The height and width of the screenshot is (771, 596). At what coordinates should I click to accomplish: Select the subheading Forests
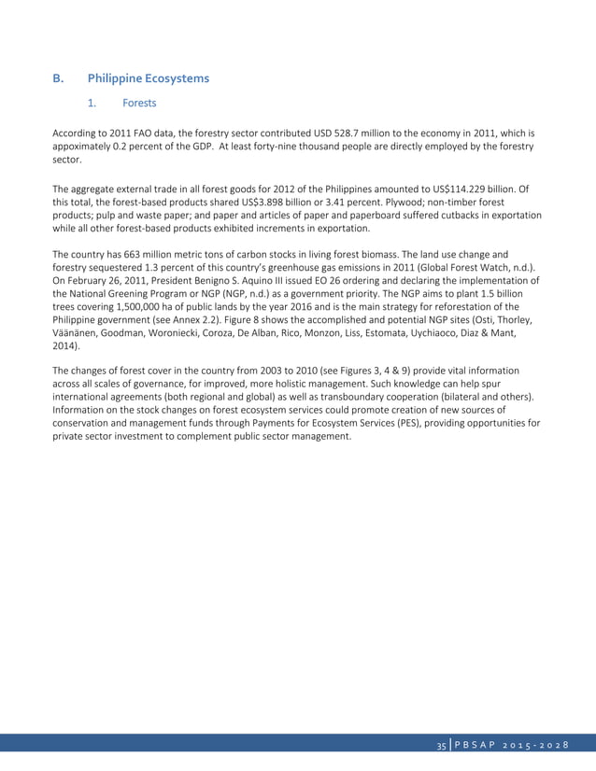139,104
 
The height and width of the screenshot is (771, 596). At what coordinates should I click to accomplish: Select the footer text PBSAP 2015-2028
514,744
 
